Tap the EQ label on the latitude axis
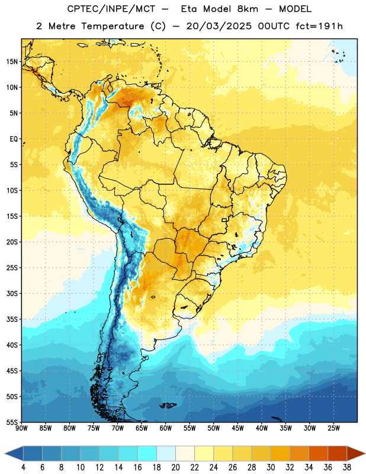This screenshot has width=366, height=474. [14, 139]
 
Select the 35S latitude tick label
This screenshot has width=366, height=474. [12, 319]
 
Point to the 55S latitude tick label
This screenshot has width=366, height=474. [12, 422]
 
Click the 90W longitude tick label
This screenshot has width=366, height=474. [22, 428]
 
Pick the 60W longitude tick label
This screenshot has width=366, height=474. [166, 428]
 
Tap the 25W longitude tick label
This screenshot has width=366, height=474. [333, 428]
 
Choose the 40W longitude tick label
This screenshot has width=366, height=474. [262, 428]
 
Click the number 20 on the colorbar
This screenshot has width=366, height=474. [175, 467]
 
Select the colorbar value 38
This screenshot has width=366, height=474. [346, 467]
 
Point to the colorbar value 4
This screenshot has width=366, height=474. [23, 467]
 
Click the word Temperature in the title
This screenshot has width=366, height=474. [113, 26]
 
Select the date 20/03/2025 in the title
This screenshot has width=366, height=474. [219, 26]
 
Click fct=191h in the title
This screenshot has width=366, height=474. [319, 26]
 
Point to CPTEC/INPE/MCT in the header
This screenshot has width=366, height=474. [111, 9]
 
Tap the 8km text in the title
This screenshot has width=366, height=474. [248, 9]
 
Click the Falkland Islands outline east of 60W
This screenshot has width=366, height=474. [168, 405]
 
